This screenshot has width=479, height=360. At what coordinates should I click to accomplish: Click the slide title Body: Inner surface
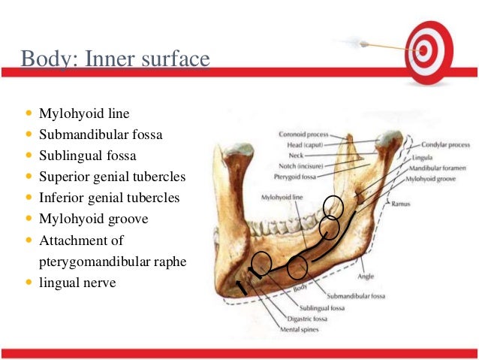[114, 59]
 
